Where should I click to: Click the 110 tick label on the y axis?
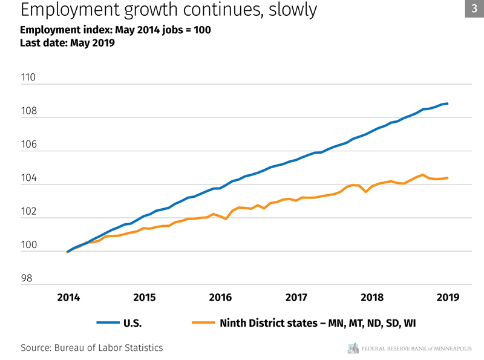click(28, 78)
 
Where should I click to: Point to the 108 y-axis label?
click(28, 112)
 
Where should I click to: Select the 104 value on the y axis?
click(28, 179)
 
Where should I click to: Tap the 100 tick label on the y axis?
click(28, 246)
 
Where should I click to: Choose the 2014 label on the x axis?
click(68, 297)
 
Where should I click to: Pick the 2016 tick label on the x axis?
click(220, 297)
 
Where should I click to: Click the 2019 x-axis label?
click(447, 297)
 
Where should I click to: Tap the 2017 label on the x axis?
click(296, 297)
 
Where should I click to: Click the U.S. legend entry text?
click(132, 323)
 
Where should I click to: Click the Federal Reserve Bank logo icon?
click(353, 348)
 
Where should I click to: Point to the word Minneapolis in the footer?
click(448, 348)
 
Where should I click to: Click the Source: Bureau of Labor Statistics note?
click(92, 348)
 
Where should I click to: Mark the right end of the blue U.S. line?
click(447, 103)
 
